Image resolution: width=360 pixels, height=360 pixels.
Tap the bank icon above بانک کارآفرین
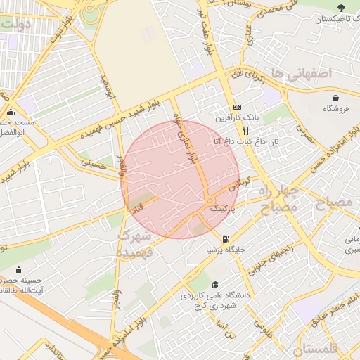click(x=238, y=105)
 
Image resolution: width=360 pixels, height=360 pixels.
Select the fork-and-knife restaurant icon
click(x=245, y=131)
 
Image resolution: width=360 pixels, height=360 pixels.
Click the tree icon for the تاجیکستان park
click(x=341, y=8)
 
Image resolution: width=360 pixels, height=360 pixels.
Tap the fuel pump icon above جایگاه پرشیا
click(x=226, y=238)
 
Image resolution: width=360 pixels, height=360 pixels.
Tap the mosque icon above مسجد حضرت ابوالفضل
click(x=10, y=112)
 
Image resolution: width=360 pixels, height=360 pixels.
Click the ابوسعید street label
click(x=109, y=88)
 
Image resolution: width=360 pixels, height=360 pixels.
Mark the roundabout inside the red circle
click(x=210, y=202)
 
